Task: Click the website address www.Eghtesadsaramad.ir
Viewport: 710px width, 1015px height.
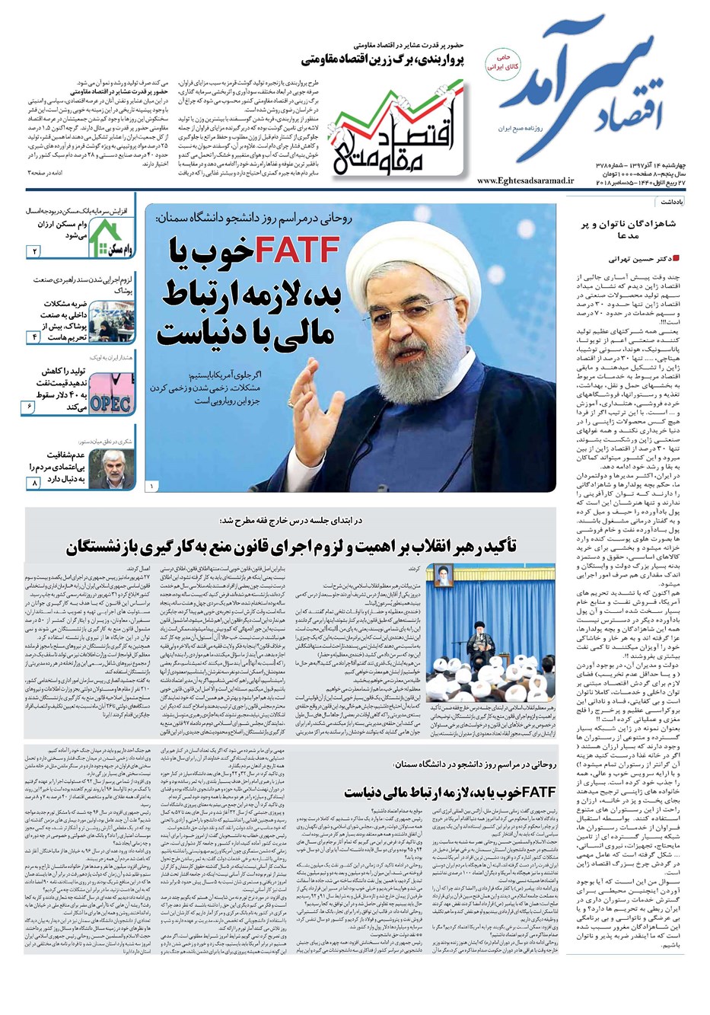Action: tap(519, 181)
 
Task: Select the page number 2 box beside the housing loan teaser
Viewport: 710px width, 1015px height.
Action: tap(35, 251)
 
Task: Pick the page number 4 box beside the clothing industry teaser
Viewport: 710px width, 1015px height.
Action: tap(35, 336)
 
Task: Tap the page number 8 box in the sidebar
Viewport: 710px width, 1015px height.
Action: tap(34, 484)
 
